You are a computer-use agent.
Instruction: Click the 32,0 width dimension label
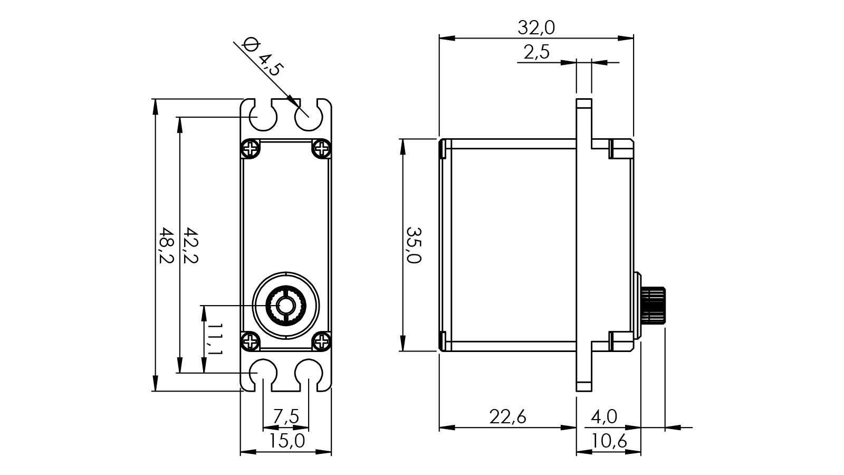pos(536,27)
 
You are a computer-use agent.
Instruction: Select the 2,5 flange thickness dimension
pos(536,52)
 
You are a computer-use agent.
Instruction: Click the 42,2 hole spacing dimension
pos(190,246)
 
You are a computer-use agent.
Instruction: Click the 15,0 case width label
pos(286,441)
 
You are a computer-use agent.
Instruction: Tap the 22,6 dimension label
pos(507,417)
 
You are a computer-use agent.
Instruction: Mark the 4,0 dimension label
pos(604,417)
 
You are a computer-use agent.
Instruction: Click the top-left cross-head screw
pos(251,149)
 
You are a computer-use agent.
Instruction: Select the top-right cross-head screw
pos(321,149)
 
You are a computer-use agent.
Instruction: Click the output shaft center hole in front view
pos(286,305)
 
